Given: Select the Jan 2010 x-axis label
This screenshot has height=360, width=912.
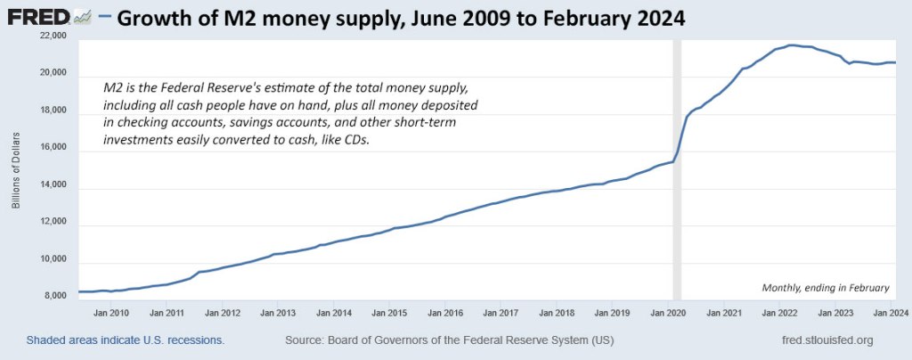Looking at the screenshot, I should point(111,314).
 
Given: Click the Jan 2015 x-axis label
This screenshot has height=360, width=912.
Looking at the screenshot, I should point(390,314).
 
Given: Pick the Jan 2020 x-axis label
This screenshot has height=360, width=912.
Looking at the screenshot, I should point(669,314).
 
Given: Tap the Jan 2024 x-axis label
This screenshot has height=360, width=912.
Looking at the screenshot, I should point(891,314).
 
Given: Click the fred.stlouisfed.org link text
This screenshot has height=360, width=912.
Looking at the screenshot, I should point(826,340).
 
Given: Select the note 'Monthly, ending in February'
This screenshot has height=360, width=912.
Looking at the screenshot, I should point(826,287).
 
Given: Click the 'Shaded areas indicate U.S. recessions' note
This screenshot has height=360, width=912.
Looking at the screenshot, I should point(126,340).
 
